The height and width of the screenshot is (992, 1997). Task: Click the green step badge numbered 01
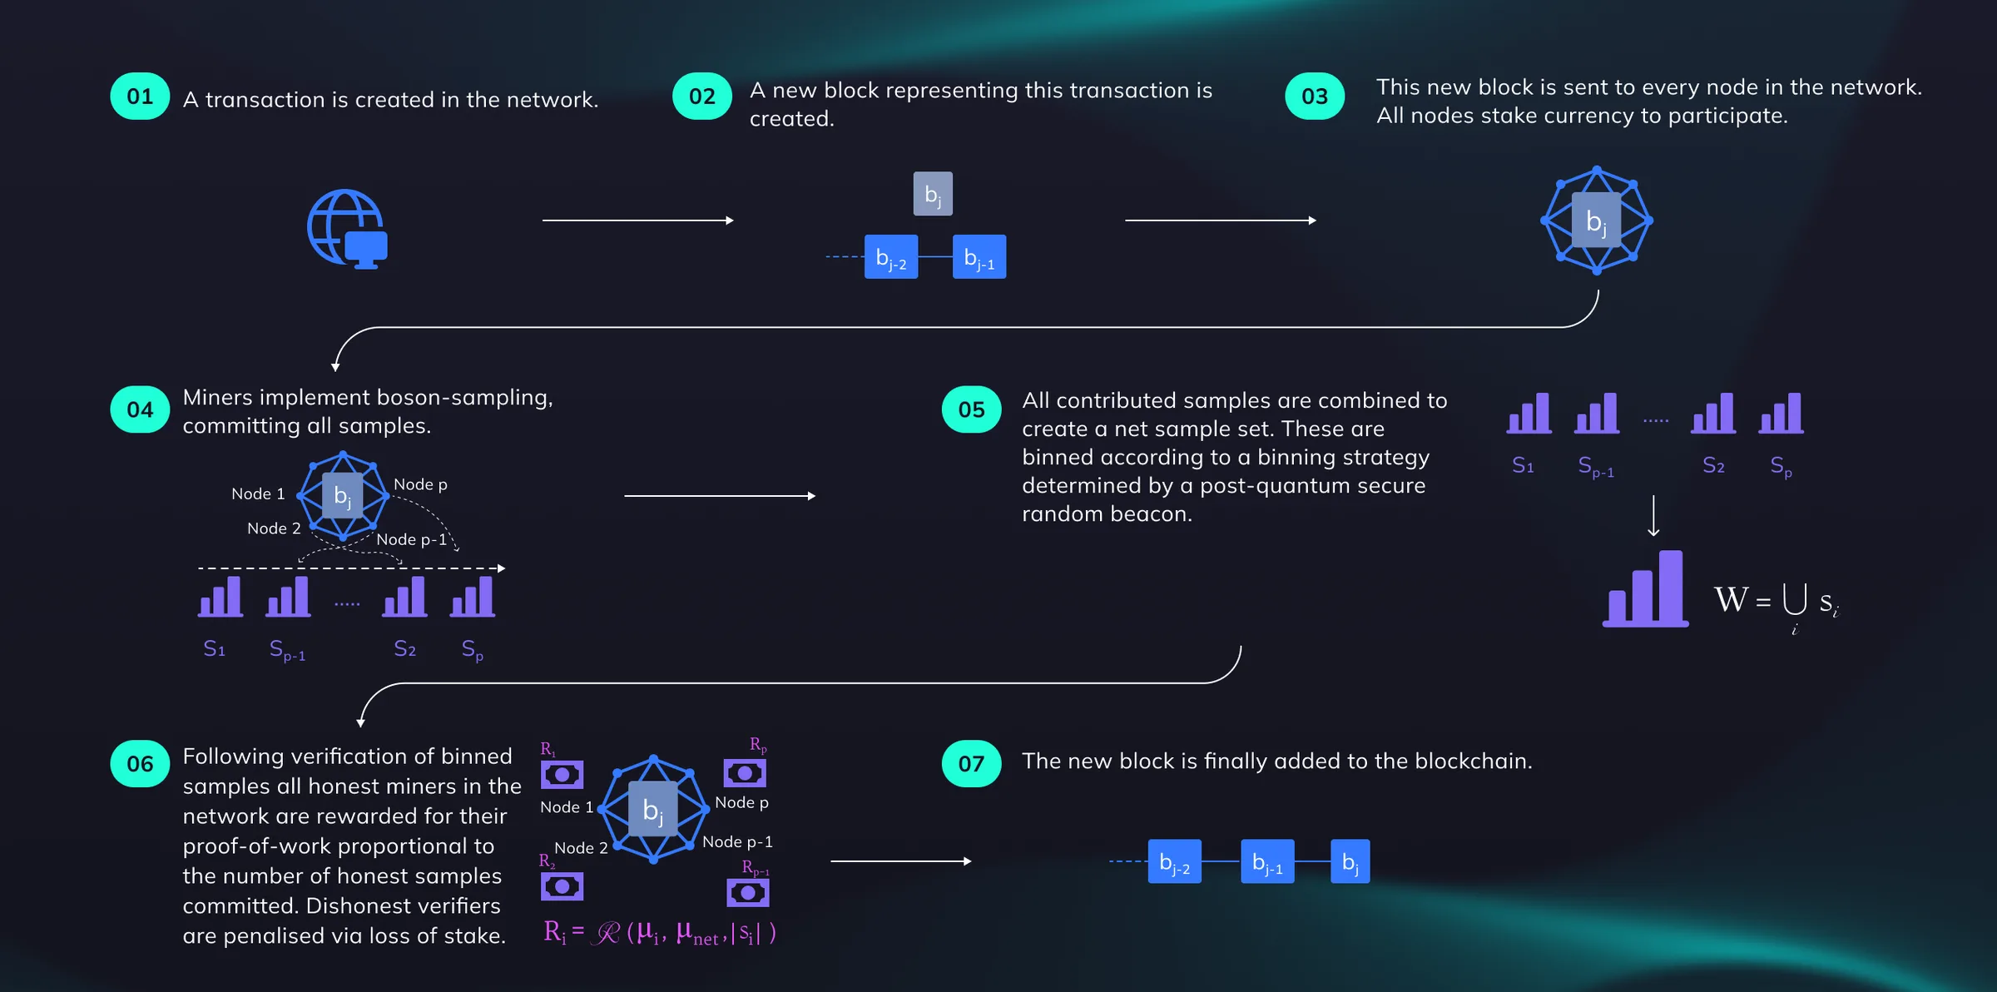click(x=140, y=97)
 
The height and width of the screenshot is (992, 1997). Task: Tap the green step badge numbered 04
click(x=140, y=409)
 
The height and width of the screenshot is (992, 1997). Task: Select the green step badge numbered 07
click(x=971, y=763)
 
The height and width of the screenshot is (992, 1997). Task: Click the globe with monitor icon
click(x=348, y=229)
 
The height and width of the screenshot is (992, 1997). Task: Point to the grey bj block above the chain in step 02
click(x=933, y=194)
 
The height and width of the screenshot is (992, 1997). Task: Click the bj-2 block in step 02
click(x=891, y=256)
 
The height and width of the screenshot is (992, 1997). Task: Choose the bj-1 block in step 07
click(x=1267, y=861)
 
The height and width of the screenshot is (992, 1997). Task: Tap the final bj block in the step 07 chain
click(x=1350, y=861)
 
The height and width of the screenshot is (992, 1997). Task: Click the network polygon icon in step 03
click(x=1597, y=221)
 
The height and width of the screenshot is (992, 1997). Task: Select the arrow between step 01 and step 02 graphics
click(x=638, y=221)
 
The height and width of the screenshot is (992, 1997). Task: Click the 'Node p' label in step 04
click(x=420, y=484)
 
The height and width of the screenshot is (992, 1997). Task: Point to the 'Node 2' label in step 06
click(x=581, y=848)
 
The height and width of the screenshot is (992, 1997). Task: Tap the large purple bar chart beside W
click(x=1646, y=588)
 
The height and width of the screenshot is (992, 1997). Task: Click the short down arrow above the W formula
click(x=1653, y=516)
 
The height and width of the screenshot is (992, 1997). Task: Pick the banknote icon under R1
click(x=562, y=775)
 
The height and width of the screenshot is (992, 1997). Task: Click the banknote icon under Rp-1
click(x=748, y=893)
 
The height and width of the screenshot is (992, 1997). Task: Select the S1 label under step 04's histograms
click(x=215, y=648)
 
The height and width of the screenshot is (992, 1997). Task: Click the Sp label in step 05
click(x=1781, y=466)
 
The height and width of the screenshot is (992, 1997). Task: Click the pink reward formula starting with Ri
click(x=660, y=933)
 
